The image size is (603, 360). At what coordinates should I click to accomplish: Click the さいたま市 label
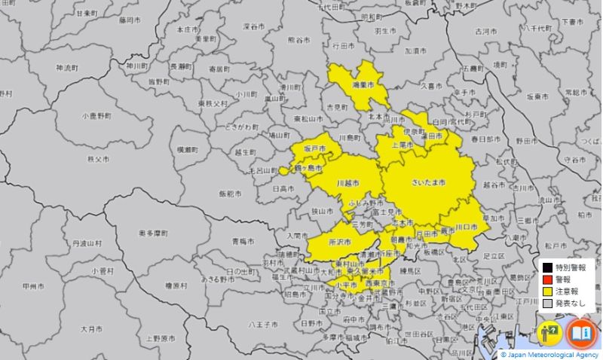click(x=428, y=183)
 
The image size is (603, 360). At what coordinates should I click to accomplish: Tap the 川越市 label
click(x=347, y=183)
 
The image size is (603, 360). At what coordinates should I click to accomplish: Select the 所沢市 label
click(x=341, y=242)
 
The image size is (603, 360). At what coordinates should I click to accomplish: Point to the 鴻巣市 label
click(x=366, y=86)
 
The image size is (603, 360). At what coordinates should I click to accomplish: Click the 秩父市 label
click(x=99, y=160)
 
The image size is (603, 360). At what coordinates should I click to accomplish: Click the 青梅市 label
click(x=244, y=241)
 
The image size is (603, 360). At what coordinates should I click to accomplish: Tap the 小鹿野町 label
click(x=97, y=117)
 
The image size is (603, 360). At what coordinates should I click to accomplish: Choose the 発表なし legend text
click(x=571, y=303)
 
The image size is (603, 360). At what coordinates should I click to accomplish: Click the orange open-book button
click(x=580, y=332)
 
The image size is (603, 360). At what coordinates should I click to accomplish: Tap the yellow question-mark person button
click(x=549, y=332)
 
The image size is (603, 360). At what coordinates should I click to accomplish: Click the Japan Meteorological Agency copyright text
click(x=551, y=354)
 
